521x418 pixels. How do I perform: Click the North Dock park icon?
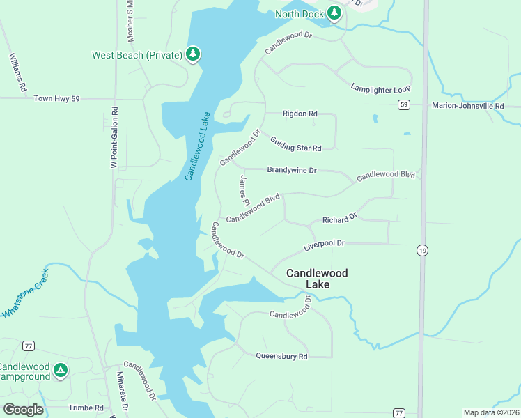tap(334, 13)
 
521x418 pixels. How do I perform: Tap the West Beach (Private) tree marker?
tap(193, 54)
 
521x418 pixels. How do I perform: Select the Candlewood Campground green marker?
tap(61, 370)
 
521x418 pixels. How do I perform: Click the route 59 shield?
tap(403, 104)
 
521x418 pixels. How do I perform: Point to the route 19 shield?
tap(422, 249)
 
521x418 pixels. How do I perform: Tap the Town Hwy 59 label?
tap(56, 99)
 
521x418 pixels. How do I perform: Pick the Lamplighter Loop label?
tap(381, 88)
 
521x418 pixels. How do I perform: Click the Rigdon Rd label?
tap(300, 114)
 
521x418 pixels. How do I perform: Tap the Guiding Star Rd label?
tap(296, 144)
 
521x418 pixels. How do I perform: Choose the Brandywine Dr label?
tap(292, 170)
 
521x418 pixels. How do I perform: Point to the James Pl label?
tap(244, 189)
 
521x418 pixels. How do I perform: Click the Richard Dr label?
tap(339, 219)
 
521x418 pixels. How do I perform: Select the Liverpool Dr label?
tap(325, 245)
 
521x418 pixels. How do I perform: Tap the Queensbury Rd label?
tap(281, 356)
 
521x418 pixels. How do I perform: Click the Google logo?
tap(24, 409)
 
